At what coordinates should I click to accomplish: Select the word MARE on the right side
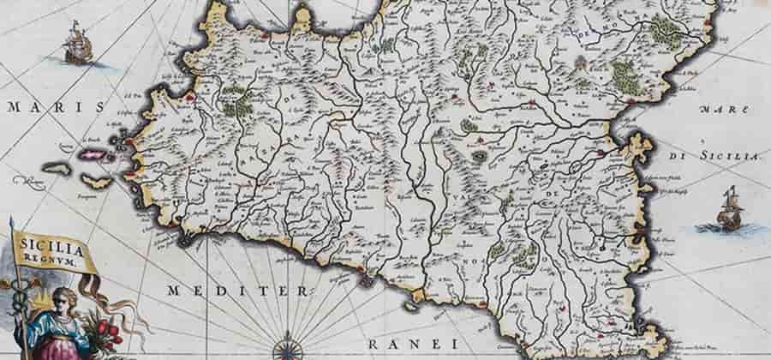pos(715,111)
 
